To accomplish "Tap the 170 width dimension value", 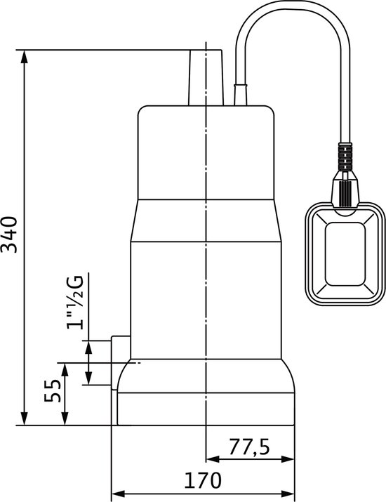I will click(203, 480).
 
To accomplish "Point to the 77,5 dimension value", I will click(251, 447).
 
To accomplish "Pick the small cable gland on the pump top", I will click(241, 93).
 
